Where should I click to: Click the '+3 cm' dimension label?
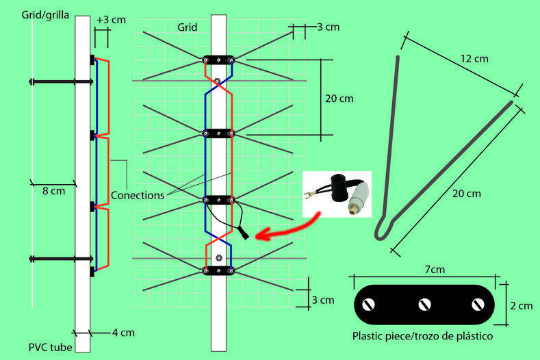pyautogui.click(x=110, y=20)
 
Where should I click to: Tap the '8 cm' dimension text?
pyautogui.click(x=53, y=191)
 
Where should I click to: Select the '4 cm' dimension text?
pyautogui.click(x=123, y=333)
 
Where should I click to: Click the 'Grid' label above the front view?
pyautogui.click(x=186, y=28)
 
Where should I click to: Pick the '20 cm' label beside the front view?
pyautogui.click(x=339, y=99)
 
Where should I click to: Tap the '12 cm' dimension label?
pyautogui.click(x=474, y=59)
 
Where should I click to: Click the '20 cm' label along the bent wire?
pyautogui.click(x=466, y=194)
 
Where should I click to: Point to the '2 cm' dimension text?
pyautogui.click(x=520, y=306)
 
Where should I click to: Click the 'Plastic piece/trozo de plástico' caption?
pyautogui.click(x=422, y=337)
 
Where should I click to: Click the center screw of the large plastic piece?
pyautogui.click(x=424, y=303)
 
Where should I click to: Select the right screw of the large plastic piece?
pyautogui.click(x=476, y=303)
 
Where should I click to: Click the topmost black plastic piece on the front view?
pyautogui.click(x=218, y=60)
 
